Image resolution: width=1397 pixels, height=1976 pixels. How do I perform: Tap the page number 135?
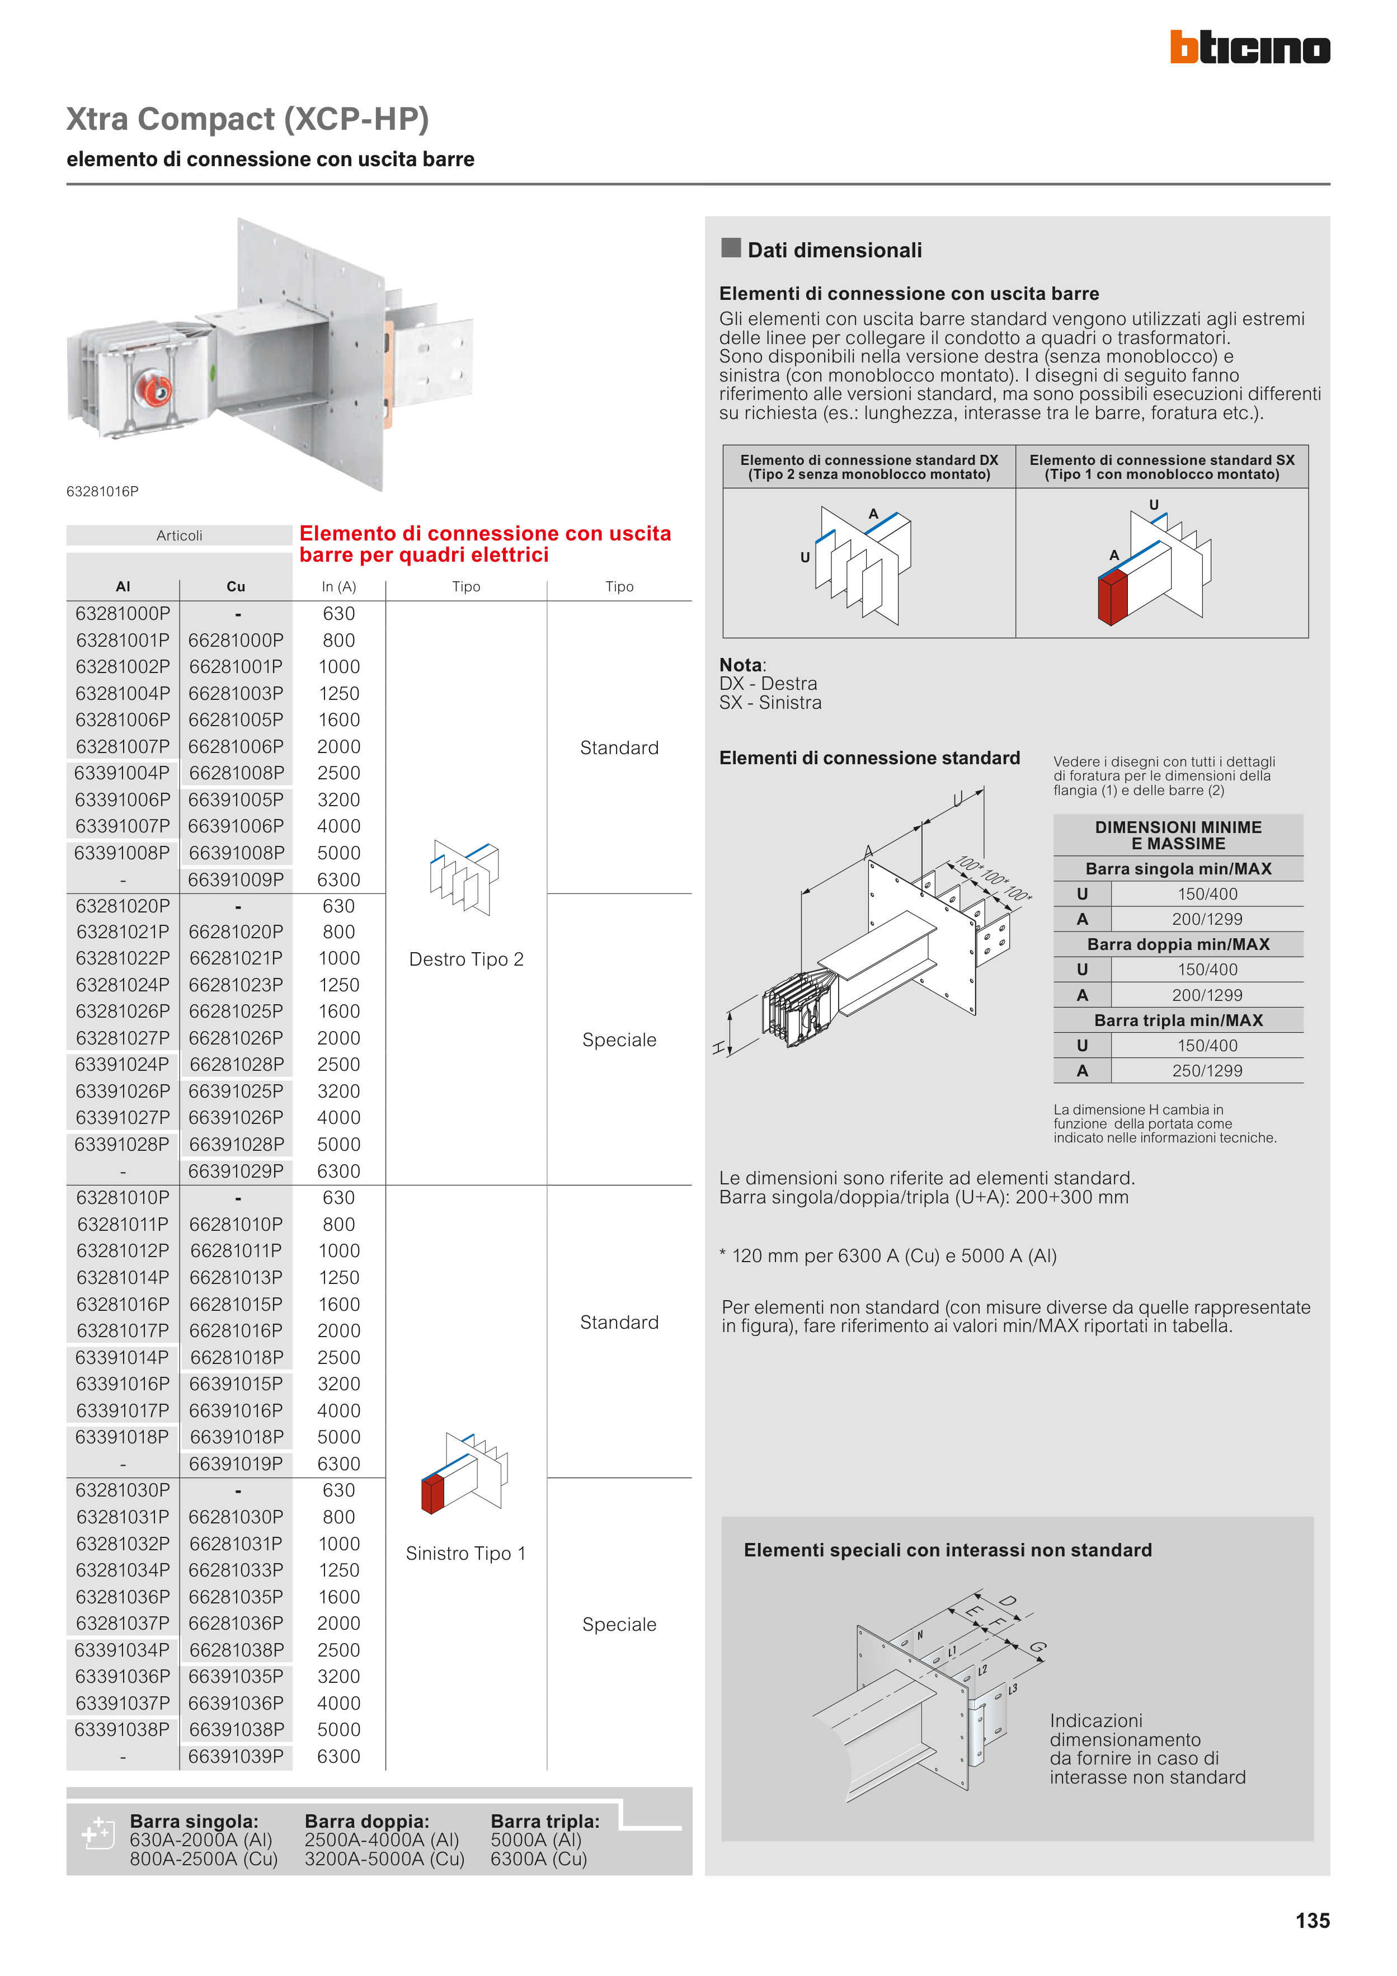[1312, 1920]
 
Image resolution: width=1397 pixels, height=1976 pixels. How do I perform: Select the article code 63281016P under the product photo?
[102, 491]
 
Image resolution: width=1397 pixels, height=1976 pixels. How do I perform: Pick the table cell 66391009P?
[236, 879]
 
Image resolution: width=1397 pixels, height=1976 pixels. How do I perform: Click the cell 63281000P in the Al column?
[123, 614]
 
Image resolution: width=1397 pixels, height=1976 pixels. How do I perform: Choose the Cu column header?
[236, 587]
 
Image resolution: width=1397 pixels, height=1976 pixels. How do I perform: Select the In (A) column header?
[339, 587]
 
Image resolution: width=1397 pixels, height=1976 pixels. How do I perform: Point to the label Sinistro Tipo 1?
[465, 1554]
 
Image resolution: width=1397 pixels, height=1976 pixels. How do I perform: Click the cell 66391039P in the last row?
[236, 1757]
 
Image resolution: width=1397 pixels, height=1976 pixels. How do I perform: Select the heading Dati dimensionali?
[834, 251]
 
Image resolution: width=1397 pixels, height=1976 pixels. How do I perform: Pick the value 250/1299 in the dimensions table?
[1208, 1071]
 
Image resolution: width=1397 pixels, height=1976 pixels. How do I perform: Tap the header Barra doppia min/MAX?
[1178, 944]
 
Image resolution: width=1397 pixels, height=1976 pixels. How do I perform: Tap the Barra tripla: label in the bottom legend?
[545, 1821]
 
